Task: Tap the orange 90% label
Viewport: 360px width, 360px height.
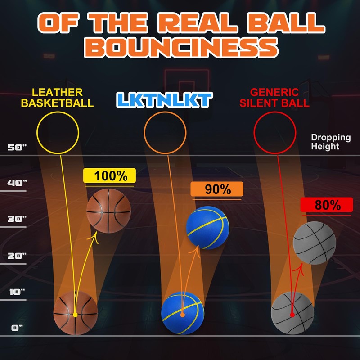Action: point(217,189)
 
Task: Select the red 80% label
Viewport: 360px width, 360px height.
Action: point(327,205)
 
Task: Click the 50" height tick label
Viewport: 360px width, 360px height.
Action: point(18,147)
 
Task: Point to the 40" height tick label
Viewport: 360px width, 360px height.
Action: point(18,183)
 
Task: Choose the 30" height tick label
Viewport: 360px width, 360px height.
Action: point(18,219)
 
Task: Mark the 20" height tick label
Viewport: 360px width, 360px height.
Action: point(18,256)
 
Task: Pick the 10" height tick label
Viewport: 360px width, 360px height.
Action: point(18,292)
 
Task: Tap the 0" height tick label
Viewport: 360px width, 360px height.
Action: point(18,328)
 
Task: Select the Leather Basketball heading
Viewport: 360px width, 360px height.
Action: point(63,98)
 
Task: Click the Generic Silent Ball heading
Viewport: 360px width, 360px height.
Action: point(280,98)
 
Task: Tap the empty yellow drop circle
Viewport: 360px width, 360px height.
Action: point(58,132)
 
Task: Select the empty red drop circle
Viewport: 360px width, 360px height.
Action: point(274,132)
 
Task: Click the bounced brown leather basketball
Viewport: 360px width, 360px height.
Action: point(108,211)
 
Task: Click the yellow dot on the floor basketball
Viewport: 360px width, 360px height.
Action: point(75,315)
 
